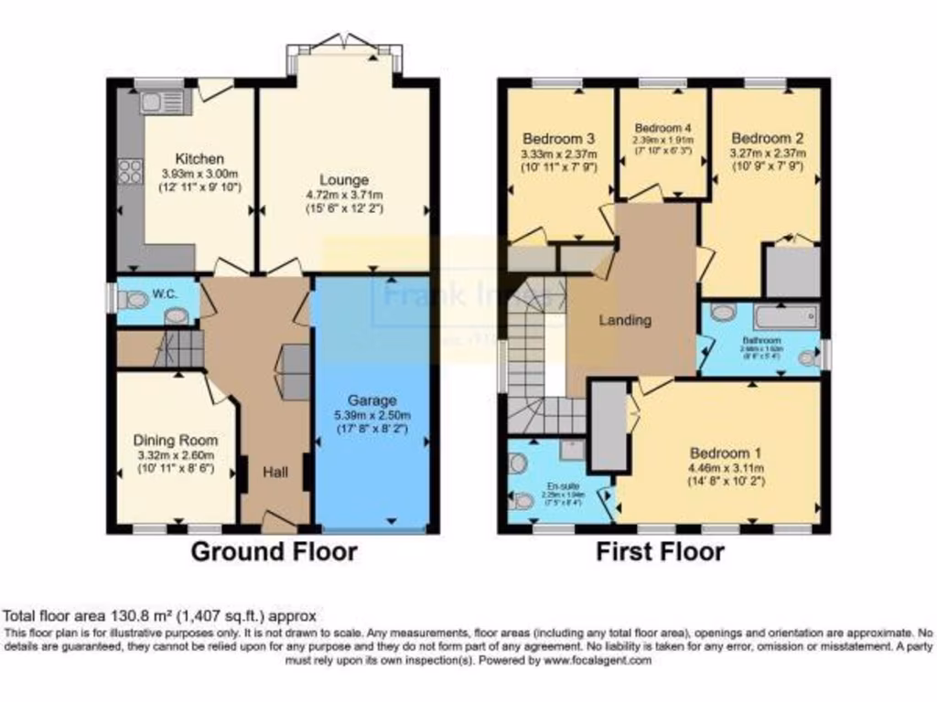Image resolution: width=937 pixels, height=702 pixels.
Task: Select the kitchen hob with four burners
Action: coord(130,171)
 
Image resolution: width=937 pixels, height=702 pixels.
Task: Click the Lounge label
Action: coord(344,180)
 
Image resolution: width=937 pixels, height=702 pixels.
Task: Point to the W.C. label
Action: coord(165,293)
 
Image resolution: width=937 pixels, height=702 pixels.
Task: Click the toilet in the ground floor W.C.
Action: coord(135,299)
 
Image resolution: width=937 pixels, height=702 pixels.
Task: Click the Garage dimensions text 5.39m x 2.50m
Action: coord(372,414)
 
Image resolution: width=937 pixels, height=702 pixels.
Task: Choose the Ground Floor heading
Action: coord(274,551)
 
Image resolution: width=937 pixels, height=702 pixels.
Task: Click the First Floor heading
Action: coord(660,551)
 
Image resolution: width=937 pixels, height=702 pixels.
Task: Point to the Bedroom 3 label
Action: coord(559,139)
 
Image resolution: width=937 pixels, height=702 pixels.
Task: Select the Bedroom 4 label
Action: coord(662,127)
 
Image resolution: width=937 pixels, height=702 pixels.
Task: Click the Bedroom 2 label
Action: coord(767,139)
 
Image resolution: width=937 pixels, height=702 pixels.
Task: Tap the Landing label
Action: coord(625,320)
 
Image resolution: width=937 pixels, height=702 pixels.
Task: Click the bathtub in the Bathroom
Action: coord(785,318)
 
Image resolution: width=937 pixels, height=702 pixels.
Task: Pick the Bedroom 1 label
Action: coord(725,453)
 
